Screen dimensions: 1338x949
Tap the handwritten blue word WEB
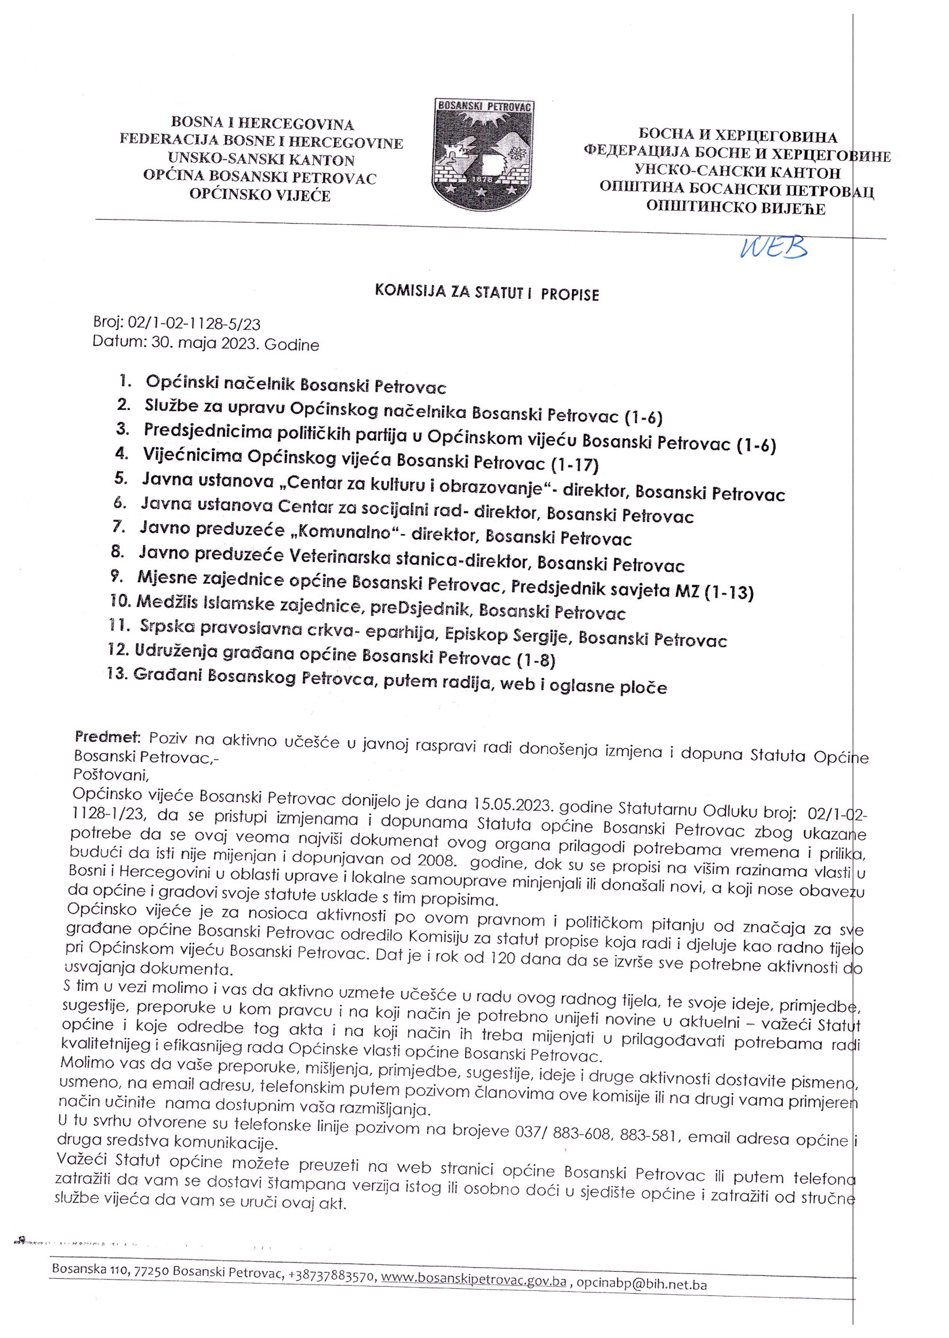tap(773, 248)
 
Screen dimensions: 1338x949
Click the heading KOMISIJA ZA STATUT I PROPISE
tap(487, 293)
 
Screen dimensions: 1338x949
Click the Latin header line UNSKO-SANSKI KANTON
tap(260, 160)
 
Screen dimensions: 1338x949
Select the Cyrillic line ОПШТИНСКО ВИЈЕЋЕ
tap(736, 208)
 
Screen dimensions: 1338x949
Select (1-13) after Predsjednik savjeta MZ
tap(729, 593)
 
